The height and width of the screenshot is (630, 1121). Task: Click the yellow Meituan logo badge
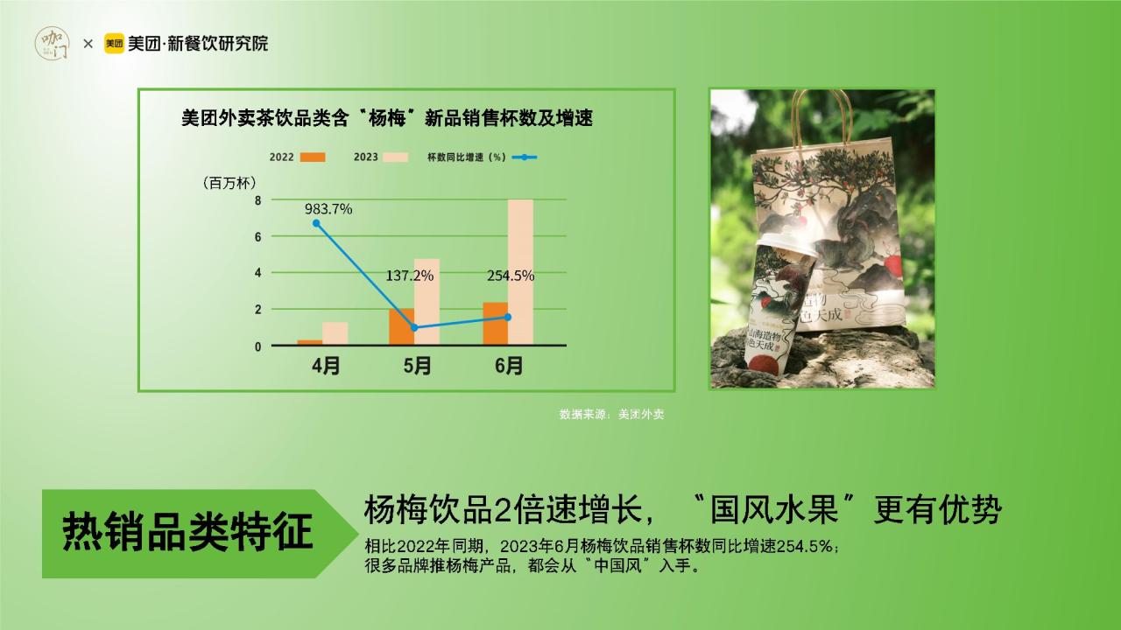coord(114,44)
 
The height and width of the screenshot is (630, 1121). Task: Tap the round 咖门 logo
coord(52,44)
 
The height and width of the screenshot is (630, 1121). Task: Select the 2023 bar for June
coord(520,272)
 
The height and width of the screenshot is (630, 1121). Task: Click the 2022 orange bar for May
coord(401,326)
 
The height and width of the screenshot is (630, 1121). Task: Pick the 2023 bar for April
coord(335,333)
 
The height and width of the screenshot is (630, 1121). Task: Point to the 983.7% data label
coord(328,209)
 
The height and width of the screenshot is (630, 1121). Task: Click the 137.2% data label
coord(409,276)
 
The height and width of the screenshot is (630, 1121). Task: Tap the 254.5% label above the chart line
coord(511,276)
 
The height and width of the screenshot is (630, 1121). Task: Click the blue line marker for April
coord(316,223)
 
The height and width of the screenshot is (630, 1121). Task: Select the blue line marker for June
coord(508,317)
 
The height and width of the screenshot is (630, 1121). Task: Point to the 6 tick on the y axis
coord(257,236)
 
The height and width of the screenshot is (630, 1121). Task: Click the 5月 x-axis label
coord(418,366)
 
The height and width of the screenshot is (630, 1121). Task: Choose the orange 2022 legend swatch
coord(313,157)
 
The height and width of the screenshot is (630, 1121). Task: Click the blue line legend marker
coord(525,157)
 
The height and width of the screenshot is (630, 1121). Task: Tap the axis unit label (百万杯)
coord(229,183)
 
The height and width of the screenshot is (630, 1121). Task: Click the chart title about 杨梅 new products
coord(387,118)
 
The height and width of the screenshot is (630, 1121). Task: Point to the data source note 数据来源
coord(611,414)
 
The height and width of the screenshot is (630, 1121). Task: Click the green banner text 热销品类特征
coord(187,531)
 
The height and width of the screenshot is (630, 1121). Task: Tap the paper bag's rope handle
coord(821,119)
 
